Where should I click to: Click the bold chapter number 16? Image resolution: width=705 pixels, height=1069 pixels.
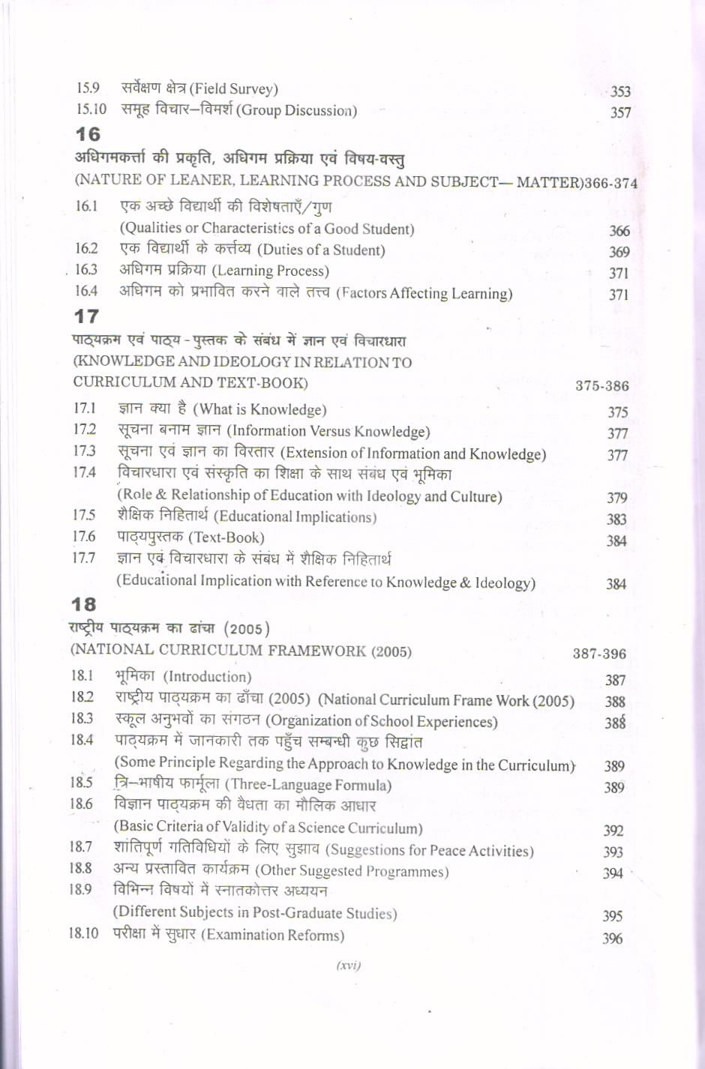point(88,134)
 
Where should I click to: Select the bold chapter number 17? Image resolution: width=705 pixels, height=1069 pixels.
point(85,316)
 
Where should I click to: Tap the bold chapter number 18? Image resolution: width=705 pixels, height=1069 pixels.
point(83,604)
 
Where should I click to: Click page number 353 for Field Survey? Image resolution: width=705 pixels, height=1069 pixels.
point(620,91)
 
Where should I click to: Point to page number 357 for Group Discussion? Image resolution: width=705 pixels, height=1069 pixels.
point(620,113)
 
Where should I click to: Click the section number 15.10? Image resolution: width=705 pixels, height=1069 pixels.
point(91,109)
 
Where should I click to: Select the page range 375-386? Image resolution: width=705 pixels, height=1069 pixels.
point(601,386)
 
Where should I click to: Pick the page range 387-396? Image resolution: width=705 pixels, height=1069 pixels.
point(598,654)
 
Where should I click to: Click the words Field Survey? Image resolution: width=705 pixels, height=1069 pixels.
point(233,89)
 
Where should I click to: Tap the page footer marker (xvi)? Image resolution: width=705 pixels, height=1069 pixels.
point(349,965)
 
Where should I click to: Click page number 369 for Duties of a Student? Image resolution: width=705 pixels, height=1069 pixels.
point(619,253)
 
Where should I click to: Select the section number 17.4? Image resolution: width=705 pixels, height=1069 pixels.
point(84,472)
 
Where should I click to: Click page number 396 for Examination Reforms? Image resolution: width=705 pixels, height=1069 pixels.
point(612,939)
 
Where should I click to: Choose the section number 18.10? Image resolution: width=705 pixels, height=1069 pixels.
point(83,933)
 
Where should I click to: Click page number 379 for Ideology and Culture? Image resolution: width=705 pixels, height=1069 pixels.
point(616,498)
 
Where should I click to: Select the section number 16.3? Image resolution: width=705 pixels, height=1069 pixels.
point(86,269)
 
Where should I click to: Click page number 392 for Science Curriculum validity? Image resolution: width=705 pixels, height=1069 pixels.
point(613,831)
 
